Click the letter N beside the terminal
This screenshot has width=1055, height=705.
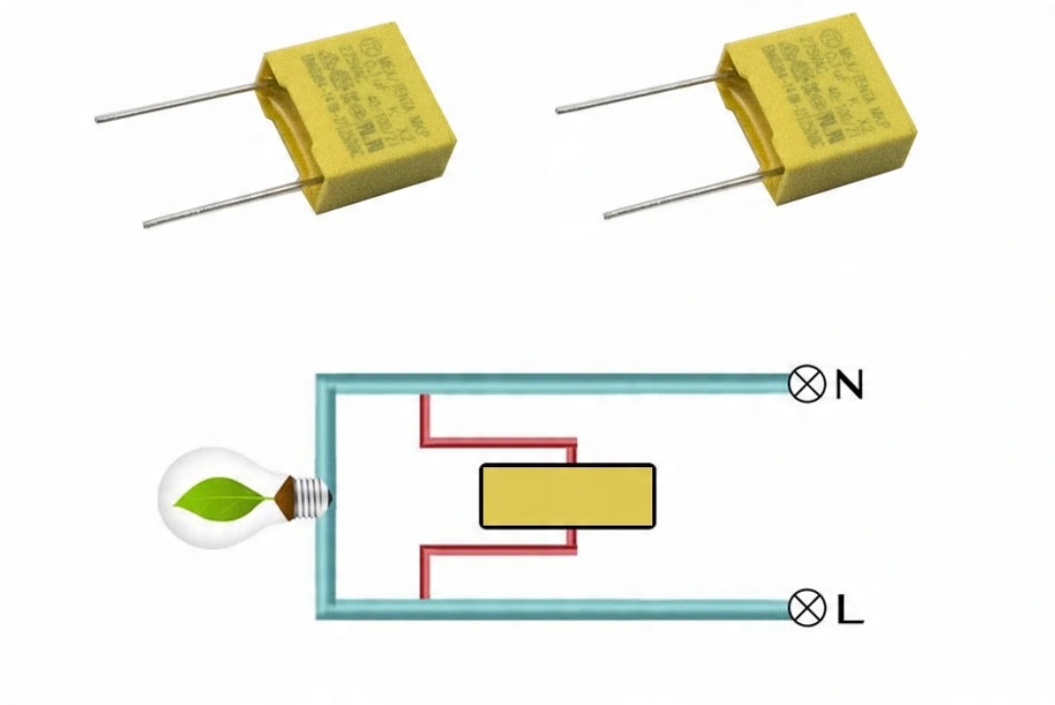[x=849, y=386]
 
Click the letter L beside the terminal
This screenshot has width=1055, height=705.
[x=849, y=609]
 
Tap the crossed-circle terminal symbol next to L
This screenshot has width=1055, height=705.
[x=805, y=609]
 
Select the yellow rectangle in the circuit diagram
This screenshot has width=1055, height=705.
[x=567, y=496]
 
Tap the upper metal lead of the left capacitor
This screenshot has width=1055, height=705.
[x=176, y=103]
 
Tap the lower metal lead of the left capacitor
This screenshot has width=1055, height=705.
[x=224, y=204]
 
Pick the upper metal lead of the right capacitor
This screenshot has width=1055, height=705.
[x=634, y=95]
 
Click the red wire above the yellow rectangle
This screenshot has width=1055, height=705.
[x=497, y=442]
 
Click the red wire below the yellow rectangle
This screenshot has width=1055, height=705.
[x=497, y=551]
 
